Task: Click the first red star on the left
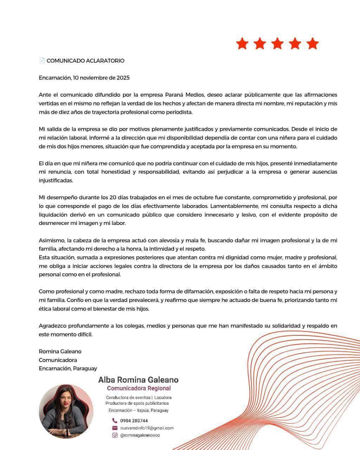coord(242,44)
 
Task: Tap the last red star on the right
coord(312,44)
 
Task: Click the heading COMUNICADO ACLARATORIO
coord(85,60)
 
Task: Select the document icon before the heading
coord(42,60)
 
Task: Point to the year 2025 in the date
coord(123,78)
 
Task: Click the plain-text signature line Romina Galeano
coord(60,351)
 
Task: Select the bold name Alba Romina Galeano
coord(138,380)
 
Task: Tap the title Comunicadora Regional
coord(139,388)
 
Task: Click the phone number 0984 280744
coord(134,420)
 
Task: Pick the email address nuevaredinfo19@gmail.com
coord(147,428)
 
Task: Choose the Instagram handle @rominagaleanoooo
coord(140,435)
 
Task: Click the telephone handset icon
coord(115,420)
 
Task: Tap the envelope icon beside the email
coord(115,428)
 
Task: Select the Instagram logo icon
coord(115,435)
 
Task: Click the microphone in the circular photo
coord(66,420)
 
